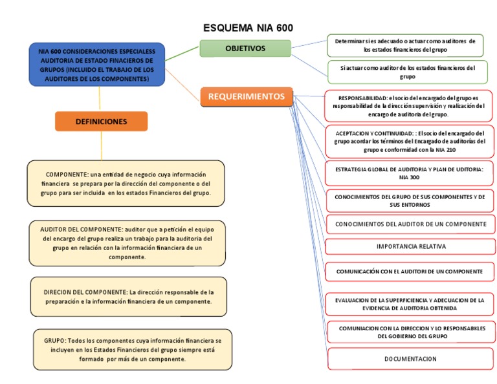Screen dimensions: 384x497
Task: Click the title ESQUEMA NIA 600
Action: click(248, 28)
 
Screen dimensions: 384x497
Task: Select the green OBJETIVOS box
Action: click(245, 48)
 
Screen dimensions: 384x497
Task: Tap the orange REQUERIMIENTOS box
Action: click(246, 97)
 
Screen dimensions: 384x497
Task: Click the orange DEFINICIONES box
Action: click(101, 121)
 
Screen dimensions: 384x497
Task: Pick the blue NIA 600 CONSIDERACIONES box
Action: click(96, 65)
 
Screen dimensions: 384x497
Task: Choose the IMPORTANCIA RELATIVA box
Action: click(411, 246)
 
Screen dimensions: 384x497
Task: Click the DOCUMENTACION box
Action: click(410, 359)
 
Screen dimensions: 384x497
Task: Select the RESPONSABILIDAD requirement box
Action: click(410, 105)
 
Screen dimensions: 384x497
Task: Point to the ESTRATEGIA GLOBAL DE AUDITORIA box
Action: click(410, 173)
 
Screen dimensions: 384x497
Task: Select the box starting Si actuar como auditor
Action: click(407, 72)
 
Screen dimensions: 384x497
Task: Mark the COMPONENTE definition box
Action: click(126, 184)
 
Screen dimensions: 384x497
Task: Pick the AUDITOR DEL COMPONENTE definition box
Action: click(127, 243)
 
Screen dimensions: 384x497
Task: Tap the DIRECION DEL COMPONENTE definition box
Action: click(128, 297)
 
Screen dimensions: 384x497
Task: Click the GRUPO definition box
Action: click(133, 349)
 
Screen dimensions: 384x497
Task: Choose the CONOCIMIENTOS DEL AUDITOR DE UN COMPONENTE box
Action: click(410, 224)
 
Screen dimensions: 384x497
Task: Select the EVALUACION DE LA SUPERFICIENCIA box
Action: click(410, 304)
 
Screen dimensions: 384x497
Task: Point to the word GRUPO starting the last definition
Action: click(54, 340)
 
